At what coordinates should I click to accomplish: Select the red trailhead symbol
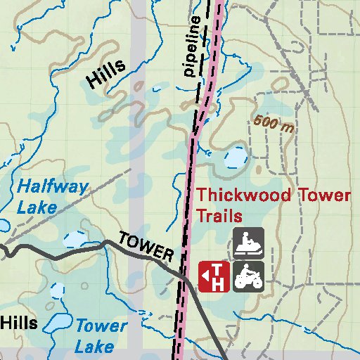point(214,276)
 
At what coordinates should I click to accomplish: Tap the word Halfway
point(53,187)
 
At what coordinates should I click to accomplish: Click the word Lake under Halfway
point(36,207)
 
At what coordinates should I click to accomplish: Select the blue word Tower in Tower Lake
point(101,326)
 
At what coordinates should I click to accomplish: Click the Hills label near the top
point(105,73)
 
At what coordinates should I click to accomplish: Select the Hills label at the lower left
point(18,323)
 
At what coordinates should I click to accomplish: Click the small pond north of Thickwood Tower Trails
point(234,160)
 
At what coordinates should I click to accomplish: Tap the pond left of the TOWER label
point(76,239)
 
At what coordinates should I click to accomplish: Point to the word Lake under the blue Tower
point(94,347)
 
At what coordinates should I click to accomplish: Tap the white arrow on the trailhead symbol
point(205,276)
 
